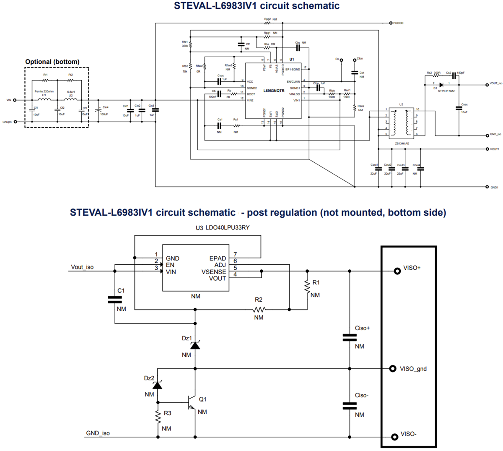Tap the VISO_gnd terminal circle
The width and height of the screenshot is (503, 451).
(x=393, y=369)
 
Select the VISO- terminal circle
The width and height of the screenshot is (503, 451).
(x=394, y=437)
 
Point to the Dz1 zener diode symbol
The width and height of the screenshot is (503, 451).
(x=195, y=345)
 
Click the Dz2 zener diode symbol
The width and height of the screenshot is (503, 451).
(x=158, y=385)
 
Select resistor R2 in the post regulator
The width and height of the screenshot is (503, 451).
(x=259, y=310)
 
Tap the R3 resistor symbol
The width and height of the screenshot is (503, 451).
(x=158, y=416)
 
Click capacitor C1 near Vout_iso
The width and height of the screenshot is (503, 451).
(x=115, y=299)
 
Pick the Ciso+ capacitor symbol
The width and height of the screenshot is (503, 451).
(x=350, y=337)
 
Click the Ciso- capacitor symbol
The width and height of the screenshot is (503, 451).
(x=350, y=405)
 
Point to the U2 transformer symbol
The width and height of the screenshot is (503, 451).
(x=401, y=123)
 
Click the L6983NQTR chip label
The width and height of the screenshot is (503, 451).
(x=274, y=91)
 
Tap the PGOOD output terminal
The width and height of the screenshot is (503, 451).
(x=390, y=23)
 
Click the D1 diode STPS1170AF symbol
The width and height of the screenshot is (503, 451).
(x=441, y=84)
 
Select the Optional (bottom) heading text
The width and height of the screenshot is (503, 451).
(x=52, y=62)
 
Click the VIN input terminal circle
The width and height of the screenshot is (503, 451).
(x=15, y=100)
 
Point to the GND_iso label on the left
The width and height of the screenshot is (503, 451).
(x=98, y=433)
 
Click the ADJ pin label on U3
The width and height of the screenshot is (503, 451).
(x=220, y=265)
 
